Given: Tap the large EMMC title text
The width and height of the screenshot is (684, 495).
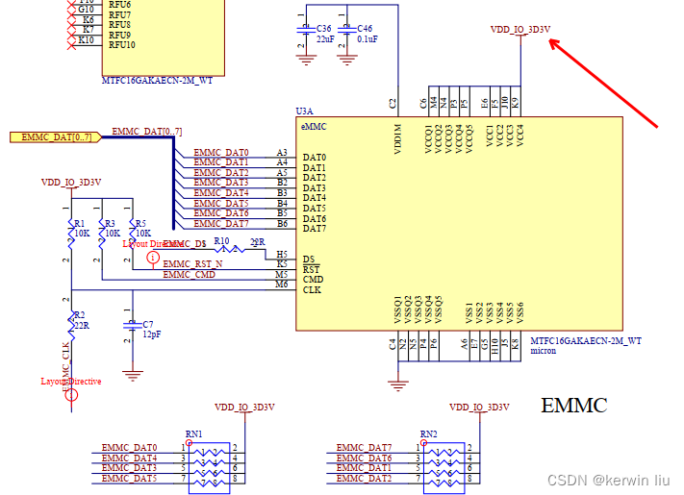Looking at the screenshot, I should tap(573, 406).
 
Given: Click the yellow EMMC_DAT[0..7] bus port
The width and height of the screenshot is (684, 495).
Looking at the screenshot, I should tap(52, 136).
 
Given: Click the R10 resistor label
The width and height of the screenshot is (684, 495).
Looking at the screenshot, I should tap(221, 241).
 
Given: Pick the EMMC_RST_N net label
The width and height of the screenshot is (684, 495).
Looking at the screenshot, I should tap(192, 263).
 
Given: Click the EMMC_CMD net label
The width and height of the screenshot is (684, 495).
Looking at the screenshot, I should tap(189, 275).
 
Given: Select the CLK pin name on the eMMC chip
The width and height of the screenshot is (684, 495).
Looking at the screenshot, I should tap(312, 289).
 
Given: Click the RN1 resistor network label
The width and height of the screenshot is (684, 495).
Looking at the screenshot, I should tap(194, 434).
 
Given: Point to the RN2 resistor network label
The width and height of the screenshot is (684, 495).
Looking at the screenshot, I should tap(429, 434).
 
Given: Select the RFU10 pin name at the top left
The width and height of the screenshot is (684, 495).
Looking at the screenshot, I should tap(121, 45).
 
